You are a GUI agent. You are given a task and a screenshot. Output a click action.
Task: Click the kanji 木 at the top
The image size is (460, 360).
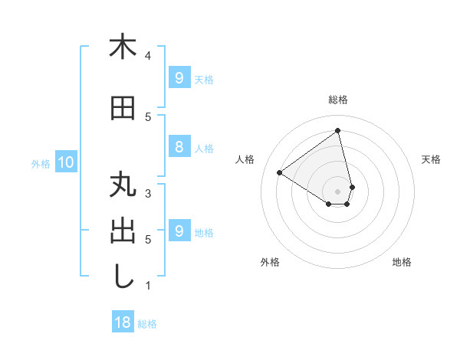pyautogui.click(x=122, y=47)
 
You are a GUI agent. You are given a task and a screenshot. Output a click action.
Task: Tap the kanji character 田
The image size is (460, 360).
pyautogui.click(x=122, y=109)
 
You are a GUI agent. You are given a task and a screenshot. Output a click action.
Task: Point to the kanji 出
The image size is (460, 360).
pyautogui.click(x=122, y=231)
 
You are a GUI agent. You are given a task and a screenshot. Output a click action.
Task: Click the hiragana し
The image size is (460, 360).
pyautogui.click(x=122, y=277)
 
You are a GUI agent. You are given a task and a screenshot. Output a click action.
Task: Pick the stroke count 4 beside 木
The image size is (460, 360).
pyautogui.click(x=148, y=56)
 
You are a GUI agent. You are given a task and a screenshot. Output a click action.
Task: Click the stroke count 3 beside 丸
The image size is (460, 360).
pyautogui.click(x=148, y=194)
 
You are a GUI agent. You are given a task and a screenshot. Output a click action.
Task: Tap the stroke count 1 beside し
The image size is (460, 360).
pyautogui.click(x=148, y=286)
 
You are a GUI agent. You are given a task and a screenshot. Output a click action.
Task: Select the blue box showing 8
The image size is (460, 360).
pyautogui.click(x=179, y=147)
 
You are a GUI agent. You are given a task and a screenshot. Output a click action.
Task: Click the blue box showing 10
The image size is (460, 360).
pyautogui.click(x=65, y=162)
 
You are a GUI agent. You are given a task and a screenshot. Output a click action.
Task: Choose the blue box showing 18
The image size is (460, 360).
pyautogui.click(x=123, y=322)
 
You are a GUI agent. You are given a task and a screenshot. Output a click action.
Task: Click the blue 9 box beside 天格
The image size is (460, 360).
pyautogui.click(x=179, y=78)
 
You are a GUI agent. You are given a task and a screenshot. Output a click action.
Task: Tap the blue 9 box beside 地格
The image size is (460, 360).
pyautogui.click(x=179, y=231)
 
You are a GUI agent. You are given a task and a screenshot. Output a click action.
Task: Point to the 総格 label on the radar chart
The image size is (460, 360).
pyautogui.click(x=337, y=100)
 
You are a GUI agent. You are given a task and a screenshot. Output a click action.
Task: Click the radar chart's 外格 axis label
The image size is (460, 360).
pyautogui.click(x=270, y=262)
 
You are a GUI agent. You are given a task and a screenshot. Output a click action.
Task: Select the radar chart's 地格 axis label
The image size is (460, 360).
pyautogui.click(x=402, y=262)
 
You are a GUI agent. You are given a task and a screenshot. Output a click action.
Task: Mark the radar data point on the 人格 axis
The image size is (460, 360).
pyautogui.click(x=280, y=172)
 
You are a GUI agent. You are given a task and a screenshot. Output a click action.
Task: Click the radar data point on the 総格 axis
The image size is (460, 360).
pyautogui.click(x=337, y=130)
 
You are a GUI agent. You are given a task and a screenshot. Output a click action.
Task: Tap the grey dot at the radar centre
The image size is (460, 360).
pyautogui.click(x=337, y=191)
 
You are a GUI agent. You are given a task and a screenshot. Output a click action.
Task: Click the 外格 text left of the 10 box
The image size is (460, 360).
pyautogui.click(x=41, y=163)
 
